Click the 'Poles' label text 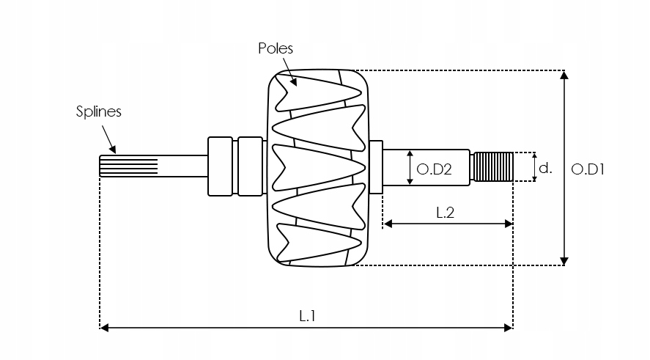point(275,48)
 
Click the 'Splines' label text point(98,111)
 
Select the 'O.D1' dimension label point(587,169)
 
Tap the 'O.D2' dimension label point(433,169)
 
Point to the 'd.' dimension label point(544,168)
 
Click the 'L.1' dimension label point(307,315)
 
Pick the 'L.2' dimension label point(446,213)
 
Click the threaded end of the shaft point(493,166)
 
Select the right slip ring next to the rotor point(250,166)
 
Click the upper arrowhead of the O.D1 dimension point(564,76)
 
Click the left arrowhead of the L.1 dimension point(105,328)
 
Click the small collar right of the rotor point(376,166)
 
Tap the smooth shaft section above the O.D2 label point(428,155)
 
